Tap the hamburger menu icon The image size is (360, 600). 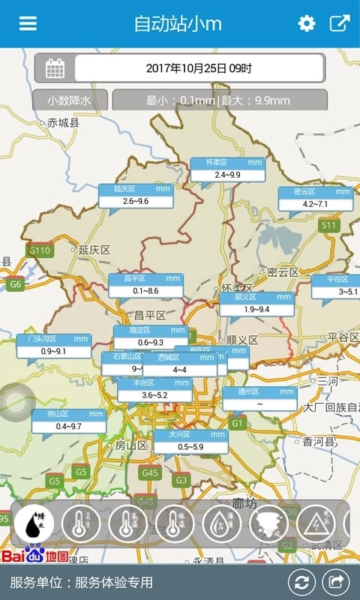tap(28, 23)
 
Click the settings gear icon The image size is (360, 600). tap(307, 23)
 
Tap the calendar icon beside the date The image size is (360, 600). tap(55, 68)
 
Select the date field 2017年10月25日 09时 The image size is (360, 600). tap(199, 68)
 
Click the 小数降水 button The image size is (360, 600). tap(70, 100)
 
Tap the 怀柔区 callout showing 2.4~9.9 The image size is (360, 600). tap(227, 169)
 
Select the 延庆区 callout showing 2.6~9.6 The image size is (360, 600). tap(136, 196)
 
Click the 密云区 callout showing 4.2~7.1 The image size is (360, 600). tap(315, 198)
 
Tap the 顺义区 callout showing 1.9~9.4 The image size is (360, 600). tap(257, 304)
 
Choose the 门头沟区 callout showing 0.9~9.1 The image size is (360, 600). tap(53, 346)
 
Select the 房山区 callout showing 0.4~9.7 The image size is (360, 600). tap(68, 421)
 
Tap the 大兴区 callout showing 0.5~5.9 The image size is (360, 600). tap(190, 442)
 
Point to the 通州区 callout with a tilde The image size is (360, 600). tap(259, 398)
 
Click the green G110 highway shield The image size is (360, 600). tap(39, 250)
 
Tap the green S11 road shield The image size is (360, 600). tap(328, 225)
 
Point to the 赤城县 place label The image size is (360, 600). tap(62, 122)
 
